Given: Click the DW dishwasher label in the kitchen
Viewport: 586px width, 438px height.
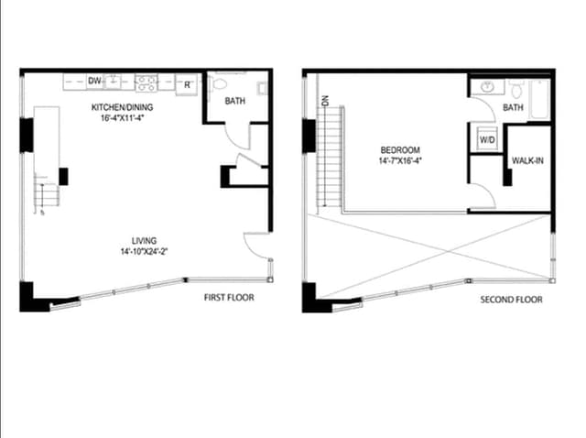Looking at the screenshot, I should (x=95, y=82).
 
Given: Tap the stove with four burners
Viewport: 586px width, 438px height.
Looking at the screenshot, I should (x=146, y=82).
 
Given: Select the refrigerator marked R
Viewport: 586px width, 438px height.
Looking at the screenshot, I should (x=187, y=83).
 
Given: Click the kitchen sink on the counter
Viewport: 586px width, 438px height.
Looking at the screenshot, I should (x=115, y=82).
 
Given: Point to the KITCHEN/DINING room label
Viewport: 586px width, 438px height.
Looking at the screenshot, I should (x=122, y=108).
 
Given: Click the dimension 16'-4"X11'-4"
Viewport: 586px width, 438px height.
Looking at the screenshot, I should (x=122, y=117).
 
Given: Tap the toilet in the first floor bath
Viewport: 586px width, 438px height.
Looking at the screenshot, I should (x=218, y=85).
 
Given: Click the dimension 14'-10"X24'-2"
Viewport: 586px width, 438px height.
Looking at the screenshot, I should (x=144, y=251).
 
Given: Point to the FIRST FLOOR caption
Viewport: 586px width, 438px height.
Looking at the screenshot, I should (x=229, y=298).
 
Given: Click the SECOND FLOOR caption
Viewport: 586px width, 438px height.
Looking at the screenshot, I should (x=511, y=300).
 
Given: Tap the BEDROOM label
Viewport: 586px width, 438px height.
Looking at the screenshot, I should (x=400, y=150).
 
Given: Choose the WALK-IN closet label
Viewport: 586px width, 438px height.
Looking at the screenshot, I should (x=528, y=160).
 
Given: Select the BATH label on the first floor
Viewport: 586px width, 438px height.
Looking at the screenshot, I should (x=234, y=101).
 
